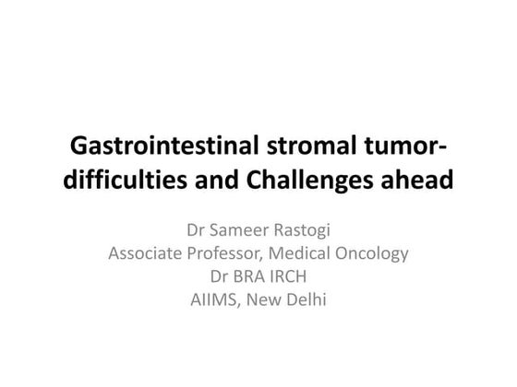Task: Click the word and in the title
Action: point(220,182)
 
